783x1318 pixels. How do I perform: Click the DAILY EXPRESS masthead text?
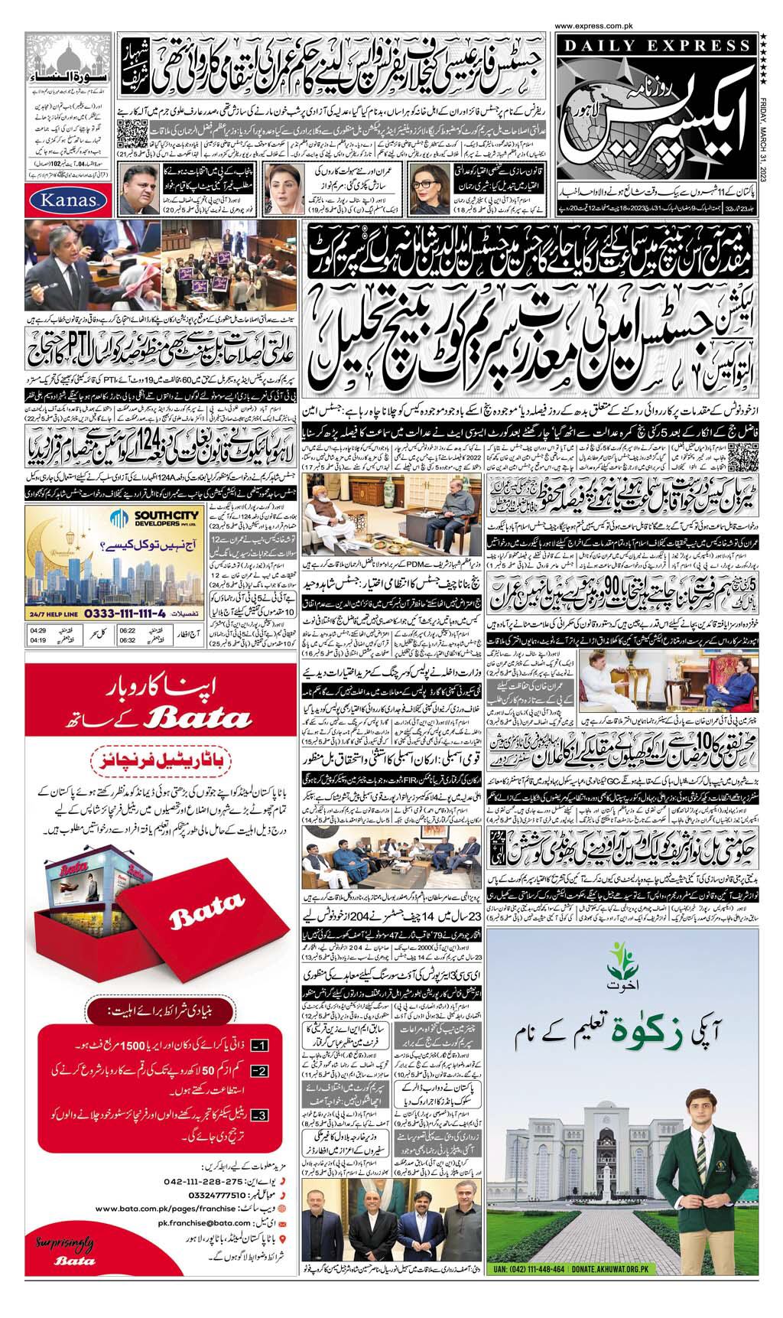[x=655, y=47]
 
